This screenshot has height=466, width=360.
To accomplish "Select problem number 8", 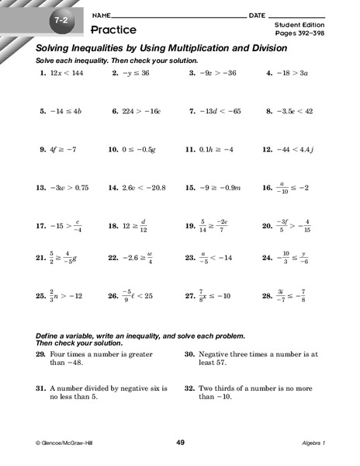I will pos(268,111).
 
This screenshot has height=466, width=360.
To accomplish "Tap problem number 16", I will pos(267,187).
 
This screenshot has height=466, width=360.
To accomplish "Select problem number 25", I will pos(40,295).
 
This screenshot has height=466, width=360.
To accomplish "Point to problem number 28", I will pos(267,295).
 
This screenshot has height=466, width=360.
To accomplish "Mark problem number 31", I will pos(40,387).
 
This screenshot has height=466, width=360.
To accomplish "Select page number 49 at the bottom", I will pos(180,442).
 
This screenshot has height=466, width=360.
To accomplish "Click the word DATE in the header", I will pos(258,16).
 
